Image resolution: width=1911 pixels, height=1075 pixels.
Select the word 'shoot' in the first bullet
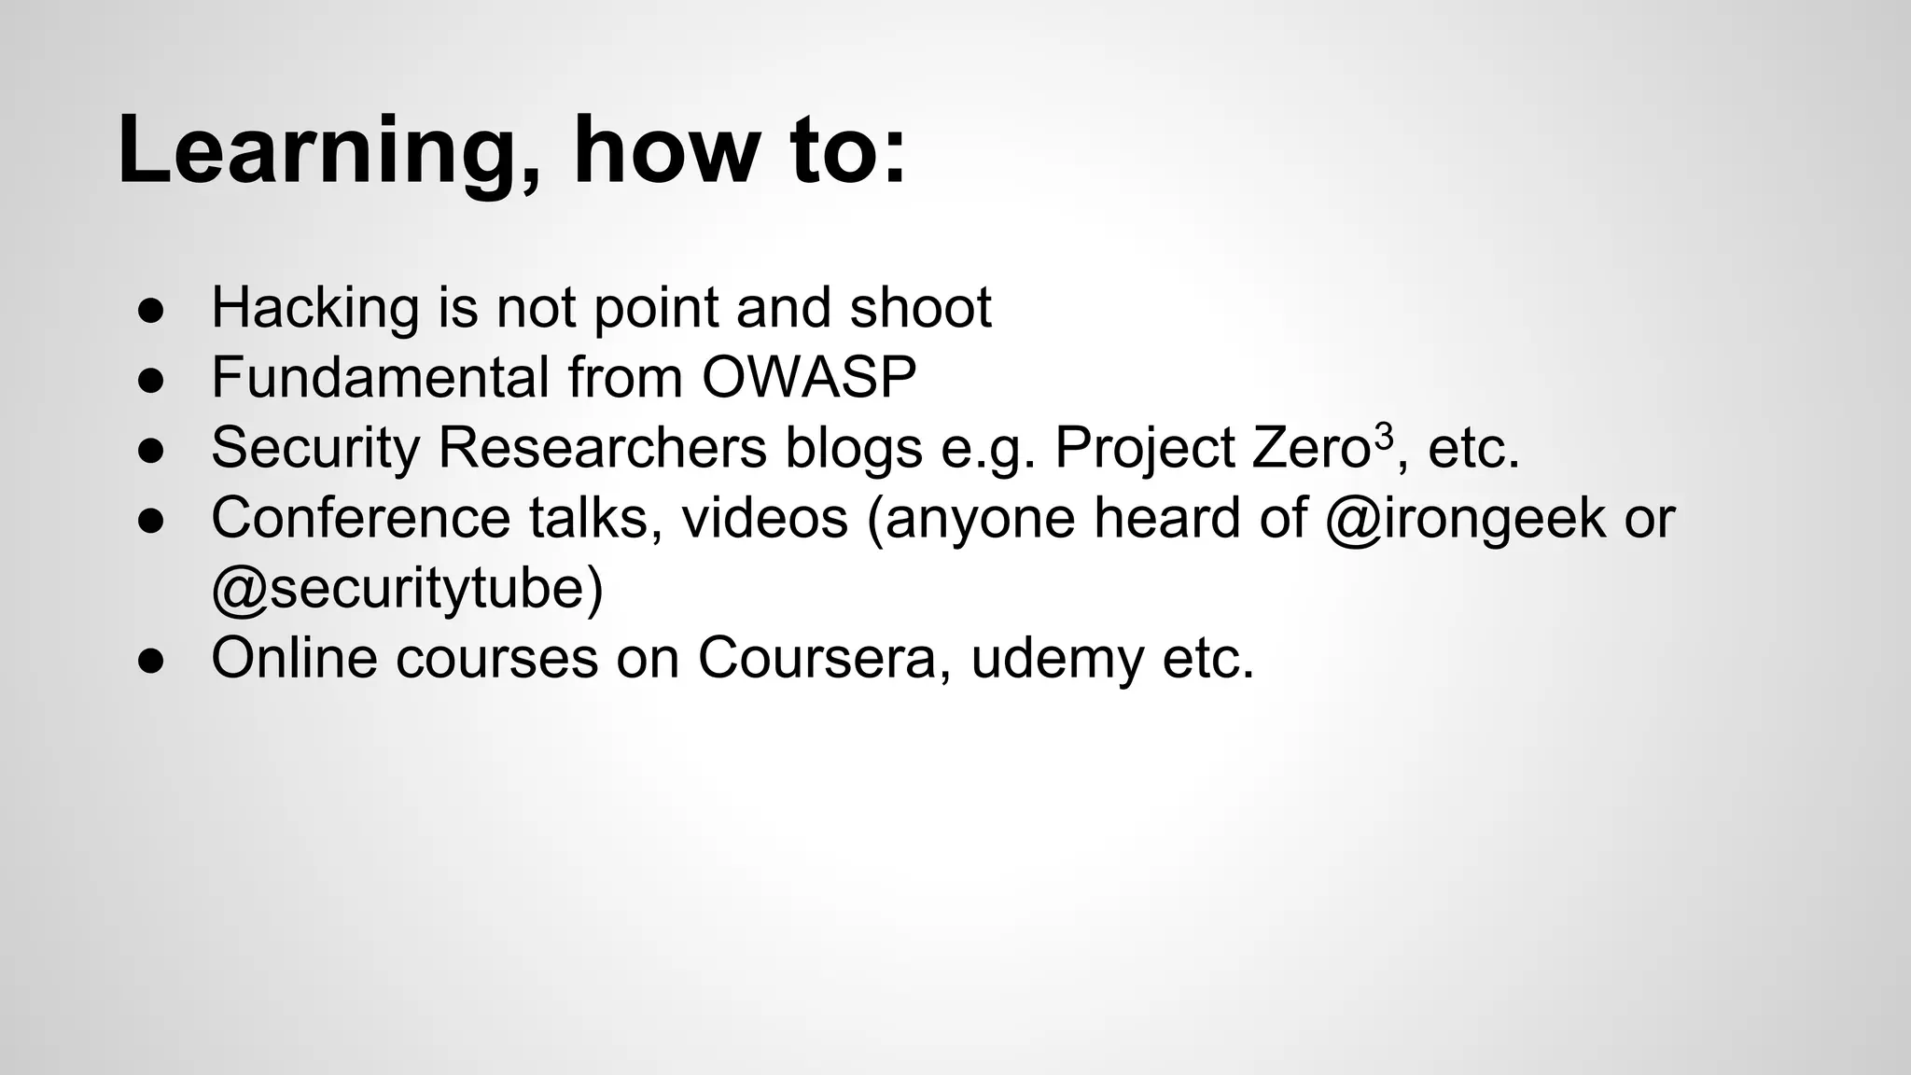point(920,308)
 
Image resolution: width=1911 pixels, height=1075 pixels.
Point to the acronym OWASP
point(809,378)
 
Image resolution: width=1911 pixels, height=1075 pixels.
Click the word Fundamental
point(380,378)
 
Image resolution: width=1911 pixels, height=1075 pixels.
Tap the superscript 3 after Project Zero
point(1384,436)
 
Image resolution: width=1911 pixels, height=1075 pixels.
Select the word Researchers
point(602,448)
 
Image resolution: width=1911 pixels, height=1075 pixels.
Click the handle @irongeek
point(1465,519)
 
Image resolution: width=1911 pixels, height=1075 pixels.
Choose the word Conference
point(360,518)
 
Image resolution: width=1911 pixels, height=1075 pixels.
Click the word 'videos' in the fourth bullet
point(764,518)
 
